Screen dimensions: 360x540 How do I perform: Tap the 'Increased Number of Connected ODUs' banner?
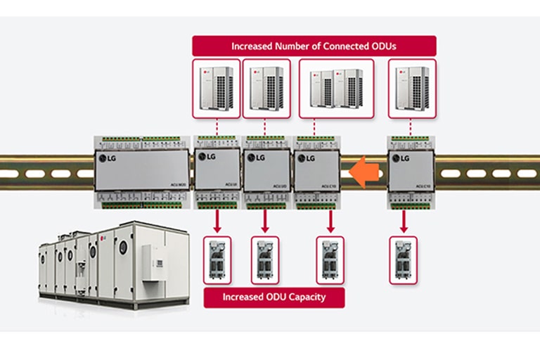[x=314, y=46]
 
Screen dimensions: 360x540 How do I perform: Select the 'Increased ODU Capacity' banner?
[x=274, y=297]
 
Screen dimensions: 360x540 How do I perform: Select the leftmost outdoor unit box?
[x=217, y=88]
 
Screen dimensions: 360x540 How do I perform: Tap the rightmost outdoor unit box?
[x=412, y=88]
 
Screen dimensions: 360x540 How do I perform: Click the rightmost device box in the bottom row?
[x=404, y=259]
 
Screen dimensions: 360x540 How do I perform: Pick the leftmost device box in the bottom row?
[x=217, y=259]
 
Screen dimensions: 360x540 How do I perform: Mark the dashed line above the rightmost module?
[x=412, y=127]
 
